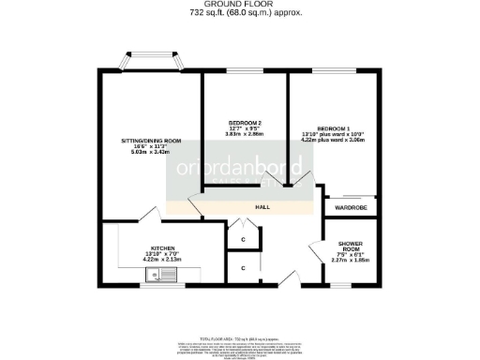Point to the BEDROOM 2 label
coord(245,123)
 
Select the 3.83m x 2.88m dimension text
coord(245,135)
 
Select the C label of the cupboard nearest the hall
coord(243,239)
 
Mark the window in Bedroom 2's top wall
coord(246,71)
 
